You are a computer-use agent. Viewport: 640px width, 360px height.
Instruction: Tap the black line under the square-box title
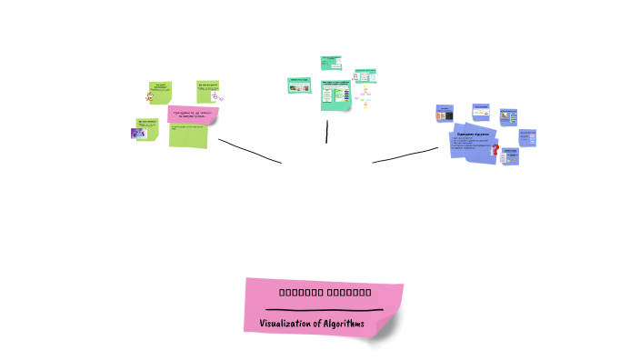tap(324, 310)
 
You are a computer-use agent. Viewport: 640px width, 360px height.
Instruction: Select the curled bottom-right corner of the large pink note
tap(389, 329)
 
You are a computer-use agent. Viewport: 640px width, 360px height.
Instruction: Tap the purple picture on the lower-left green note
tap(140, 134)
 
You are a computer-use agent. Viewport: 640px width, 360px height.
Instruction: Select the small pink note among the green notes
tap(191, 114)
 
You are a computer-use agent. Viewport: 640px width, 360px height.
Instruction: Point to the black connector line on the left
tap(249, 151)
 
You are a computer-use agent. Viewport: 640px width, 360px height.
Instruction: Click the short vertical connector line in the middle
tap(326, 131)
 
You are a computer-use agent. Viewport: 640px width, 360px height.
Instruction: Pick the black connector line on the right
tap(405, 155)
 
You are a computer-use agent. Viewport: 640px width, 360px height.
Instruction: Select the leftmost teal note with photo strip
tap(299, 84)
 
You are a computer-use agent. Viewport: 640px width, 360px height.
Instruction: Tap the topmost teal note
tap(330, 63)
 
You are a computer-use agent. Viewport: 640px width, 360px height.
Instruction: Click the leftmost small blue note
tap(445, 114)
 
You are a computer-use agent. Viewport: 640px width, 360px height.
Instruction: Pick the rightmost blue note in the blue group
tap(527, 137)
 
